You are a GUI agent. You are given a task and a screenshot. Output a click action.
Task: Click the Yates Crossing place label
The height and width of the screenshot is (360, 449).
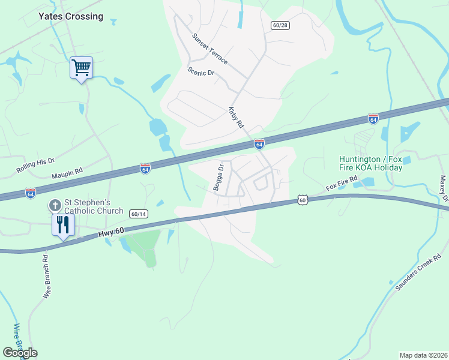click(71, 17)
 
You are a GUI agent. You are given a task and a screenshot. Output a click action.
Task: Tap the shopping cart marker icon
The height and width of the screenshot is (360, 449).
click(81, 67)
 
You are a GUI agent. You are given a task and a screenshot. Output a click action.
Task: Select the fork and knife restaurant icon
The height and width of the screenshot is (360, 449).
click(63, 225)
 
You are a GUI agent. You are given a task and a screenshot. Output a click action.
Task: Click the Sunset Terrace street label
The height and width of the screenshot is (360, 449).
click(209, 49)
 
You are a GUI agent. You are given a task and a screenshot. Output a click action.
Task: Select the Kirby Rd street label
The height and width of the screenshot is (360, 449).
click(235, 117)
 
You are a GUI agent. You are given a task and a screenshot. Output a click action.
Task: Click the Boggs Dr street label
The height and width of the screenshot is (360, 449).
click(218, 178)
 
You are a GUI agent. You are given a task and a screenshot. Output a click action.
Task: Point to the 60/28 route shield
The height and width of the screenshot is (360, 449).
click(280, 25)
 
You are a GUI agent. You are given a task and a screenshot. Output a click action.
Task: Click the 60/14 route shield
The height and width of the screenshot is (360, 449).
click(139, 214)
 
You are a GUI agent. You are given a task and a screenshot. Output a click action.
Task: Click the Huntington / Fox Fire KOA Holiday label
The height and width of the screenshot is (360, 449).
click(370, 163)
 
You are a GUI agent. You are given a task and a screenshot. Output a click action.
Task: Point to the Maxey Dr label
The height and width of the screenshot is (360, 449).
click(444, 189)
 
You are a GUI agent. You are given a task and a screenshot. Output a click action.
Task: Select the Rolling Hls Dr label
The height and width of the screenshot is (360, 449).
click(35, 165)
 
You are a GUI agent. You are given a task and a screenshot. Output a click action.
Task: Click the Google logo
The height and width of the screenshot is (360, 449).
click(20, 352)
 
